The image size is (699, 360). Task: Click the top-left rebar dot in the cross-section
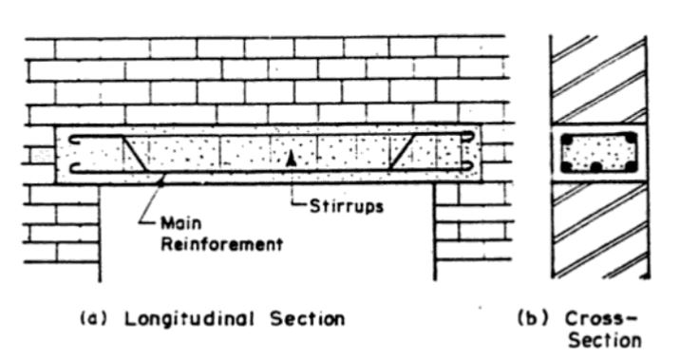[x=567, y=138]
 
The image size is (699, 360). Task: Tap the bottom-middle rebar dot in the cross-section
[x=595, y=167]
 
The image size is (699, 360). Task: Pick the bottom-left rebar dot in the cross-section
[x=567, y=166]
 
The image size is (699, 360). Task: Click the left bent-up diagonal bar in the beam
[x=134, y=152]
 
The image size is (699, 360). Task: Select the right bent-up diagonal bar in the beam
[x=403, y=152]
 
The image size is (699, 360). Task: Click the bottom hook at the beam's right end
[x=470, y=167]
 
